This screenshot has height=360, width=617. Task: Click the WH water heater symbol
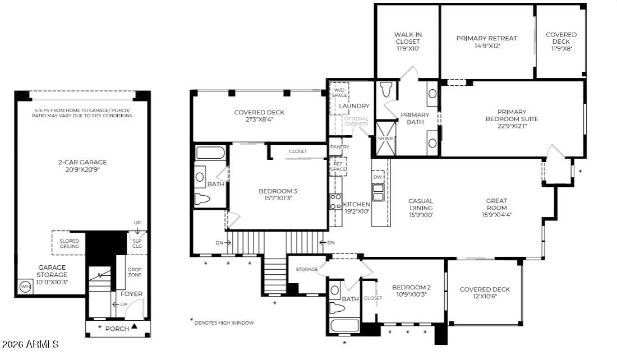25,287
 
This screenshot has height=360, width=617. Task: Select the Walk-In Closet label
408,38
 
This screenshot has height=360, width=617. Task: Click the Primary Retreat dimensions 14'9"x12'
486,46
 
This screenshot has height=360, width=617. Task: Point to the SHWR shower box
385,138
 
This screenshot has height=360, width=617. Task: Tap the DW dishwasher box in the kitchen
378,177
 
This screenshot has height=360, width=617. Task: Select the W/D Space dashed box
339,93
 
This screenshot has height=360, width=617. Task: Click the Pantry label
339,147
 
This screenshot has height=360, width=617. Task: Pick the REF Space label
339,165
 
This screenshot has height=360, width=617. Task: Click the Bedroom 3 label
274,191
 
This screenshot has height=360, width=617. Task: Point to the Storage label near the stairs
307,270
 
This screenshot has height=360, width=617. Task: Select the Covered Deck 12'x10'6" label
485,289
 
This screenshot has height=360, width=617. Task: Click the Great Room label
496,204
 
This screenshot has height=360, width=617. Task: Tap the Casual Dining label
421,204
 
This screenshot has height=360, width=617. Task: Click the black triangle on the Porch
134,327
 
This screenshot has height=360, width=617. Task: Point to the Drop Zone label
135,271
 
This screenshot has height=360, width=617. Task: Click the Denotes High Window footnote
223,322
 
